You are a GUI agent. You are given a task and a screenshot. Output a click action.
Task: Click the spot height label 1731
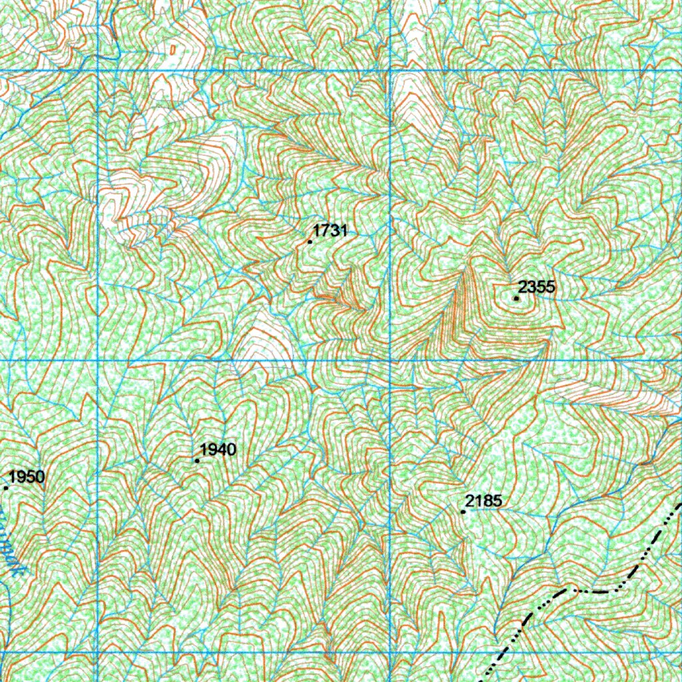pos(330,231)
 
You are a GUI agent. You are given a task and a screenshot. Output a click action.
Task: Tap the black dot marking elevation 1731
pos(310,242)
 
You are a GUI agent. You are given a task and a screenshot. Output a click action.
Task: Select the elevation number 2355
pos(536,287)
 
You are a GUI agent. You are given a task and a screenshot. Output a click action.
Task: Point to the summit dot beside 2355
pos(516,298)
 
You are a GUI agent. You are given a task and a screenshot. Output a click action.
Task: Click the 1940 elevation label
pos(218,450)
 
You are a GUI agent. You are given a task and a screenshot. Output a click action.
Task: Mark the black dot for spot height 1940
pos(197,460)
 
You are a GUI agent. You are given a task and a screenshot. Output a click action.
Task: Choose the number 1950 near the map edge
pos(27,476)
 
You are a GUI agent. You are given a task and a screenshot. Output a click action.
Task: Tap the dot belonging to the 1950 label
pos(6,488)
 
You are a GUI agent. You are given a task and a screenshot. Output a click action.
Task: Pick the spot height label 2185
pos(484,501)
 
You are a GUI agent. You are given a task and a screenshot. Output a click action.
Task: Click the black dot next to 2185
pos(463,511)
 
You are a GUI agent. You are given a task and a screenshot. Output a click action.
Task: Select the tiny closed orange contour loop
pos(172,49)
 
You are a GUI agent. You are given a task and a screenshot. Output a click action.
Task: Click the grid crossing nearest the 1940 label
pos(99,361)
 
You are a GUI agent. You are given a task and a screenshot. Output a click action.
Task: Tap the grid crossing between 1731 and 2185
pos(390,361)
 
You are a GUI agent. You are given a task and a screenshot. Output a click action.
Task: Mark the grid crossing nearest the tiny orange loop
pos(99,70)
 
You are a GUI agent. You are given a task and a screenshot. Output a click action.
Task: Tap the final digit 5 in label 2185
pos(497,501)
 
